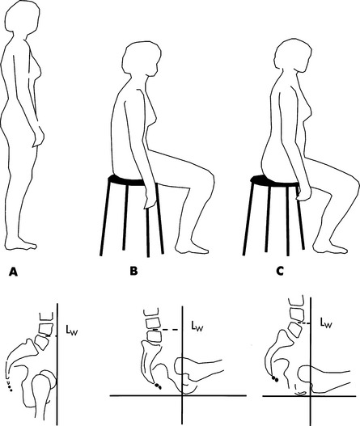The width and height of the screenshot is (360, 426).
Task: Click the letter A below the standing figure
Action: coord(13,272)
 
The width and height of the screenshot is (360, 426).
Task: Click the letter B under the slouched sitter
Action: coord(133,271)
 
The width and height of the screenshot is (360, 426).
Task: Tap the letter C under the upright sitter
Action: coord(280,271)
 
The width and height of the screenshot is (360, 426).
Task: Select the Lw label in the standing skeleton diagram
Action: coord(72,330)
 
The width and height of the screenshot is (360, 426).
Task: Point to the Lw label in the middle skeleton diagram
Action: coord(197,326)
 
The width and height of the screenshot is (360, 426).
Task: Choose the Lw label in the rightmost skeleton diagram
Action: coord(325,323)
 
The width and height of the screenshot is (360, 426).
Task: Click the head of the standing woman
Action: coord(23,17)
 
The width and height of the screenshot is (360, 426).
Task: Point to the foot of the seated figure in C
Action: coord(329,247)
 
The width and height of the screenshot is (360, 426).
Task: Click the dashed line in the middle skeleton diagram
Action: coord(166,330)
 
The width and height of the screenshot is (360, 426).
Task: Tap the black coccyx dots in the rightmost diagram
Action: coord(275,379)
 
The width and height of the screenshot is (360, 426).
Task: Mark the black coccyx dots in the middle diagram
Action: coord(158,386)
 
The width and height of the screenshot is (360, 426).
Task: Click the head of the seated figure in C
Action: coord(293,56)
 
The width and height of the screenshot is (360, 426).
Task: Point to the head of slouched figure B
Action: coord(142,59)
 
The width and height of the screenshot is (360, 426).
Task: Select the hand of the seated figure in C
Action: coord(303,192)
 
